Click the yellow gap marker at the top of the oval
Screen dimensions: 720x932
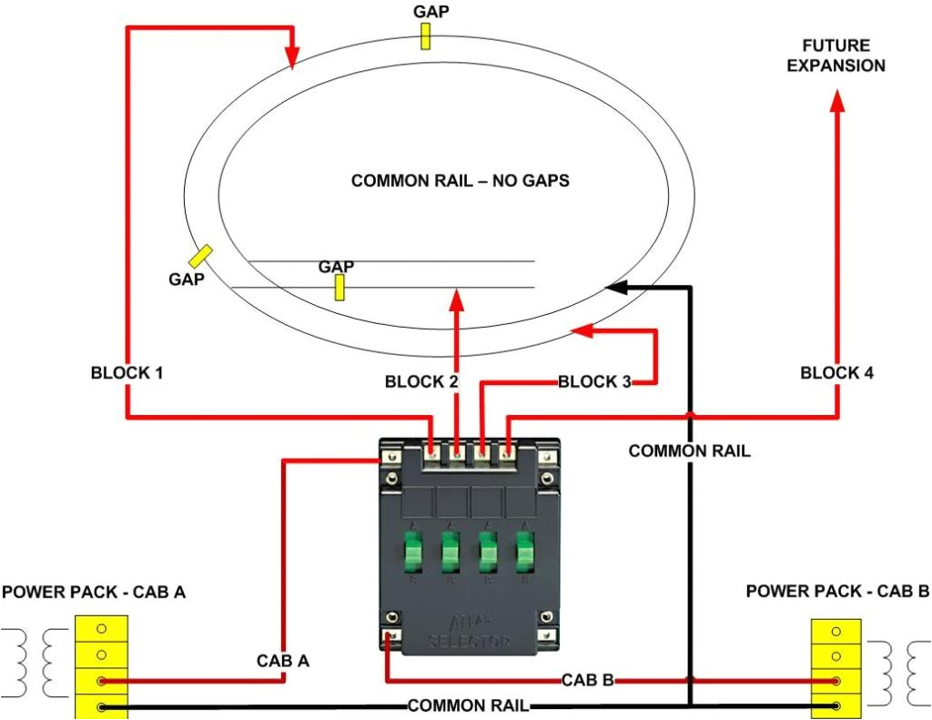425,35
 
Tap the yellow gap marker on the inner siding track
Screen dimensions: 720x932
339,287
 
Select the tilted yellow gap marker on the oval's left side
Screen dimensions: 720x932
201,257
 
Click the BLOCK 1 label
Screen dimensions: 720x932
127,373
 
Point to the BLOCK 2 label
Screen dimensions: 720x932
421,382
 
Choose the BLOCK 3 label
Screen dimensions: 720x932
594,382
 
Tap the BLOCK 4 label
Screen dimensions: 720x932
836,373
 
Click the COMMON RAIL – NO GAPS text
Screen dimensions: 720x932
460,181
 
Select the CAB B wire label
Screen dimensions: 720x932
586,679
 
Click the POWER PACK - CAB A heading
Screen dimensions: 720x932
94,593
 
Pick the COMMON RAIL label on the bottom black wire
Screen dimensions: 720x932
467,706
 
